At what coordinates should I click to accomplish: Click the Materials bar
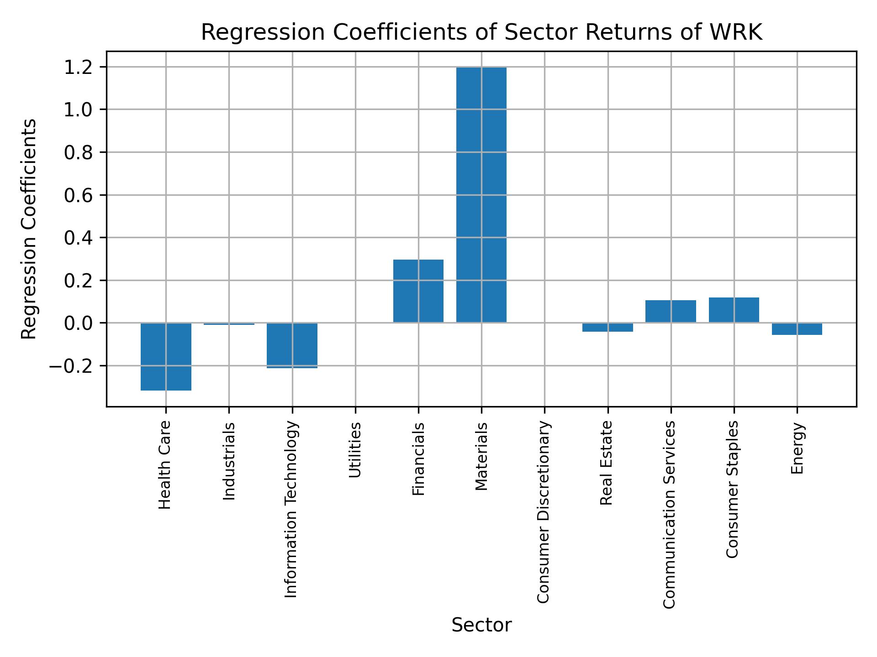pyautogui.click(x=481, y=195)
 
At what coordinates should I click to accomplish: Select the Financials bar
pyautogui.click(x=418, y=291)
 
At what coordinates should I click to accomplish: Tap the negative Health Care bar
pyautogui.click(x=166, y=356)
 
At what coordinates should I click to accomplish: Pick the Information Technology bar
pyautogui.click(x=292, y=345)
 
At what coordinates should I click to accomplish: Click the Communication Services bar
pyautogui.click(x=671, y=311)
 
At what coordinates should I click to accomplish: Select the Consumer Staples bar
pyautogui.click(x=734, y=310)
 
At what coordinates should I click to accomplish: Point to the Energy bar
pyautogui.click(x=797, y=329)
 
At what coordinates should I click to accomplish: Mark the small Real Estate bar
pyautogui.click(x=608, y=327)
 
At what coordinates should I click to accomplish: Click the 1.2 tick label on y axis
pyautogui.click(x=79, y=68)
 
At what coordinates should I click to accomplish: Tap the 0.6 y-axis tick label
pyautogui.click(x=79, y=196)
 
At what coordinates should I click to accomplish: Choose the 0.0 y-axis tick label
pyautogui.click(x=79, y=323)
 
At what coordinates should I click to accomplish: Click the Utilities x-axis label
pyautogui.click(x=355, y=450)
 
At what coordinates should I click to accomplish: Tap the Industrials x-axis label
pyautogui.click(x=229, y=461)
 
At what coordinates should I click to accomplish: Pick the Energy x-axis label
pyautogui.click(x=797, y=448)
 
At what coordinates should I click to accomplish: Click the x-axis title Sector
pyautogui.click(x=481, y=625)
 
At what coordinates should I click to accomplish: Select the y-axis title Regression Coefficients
pyautogui.click(x=29, y=229)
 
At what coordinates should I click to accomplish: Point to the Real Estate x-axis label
pyautogui.click(x=607, y=463)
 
